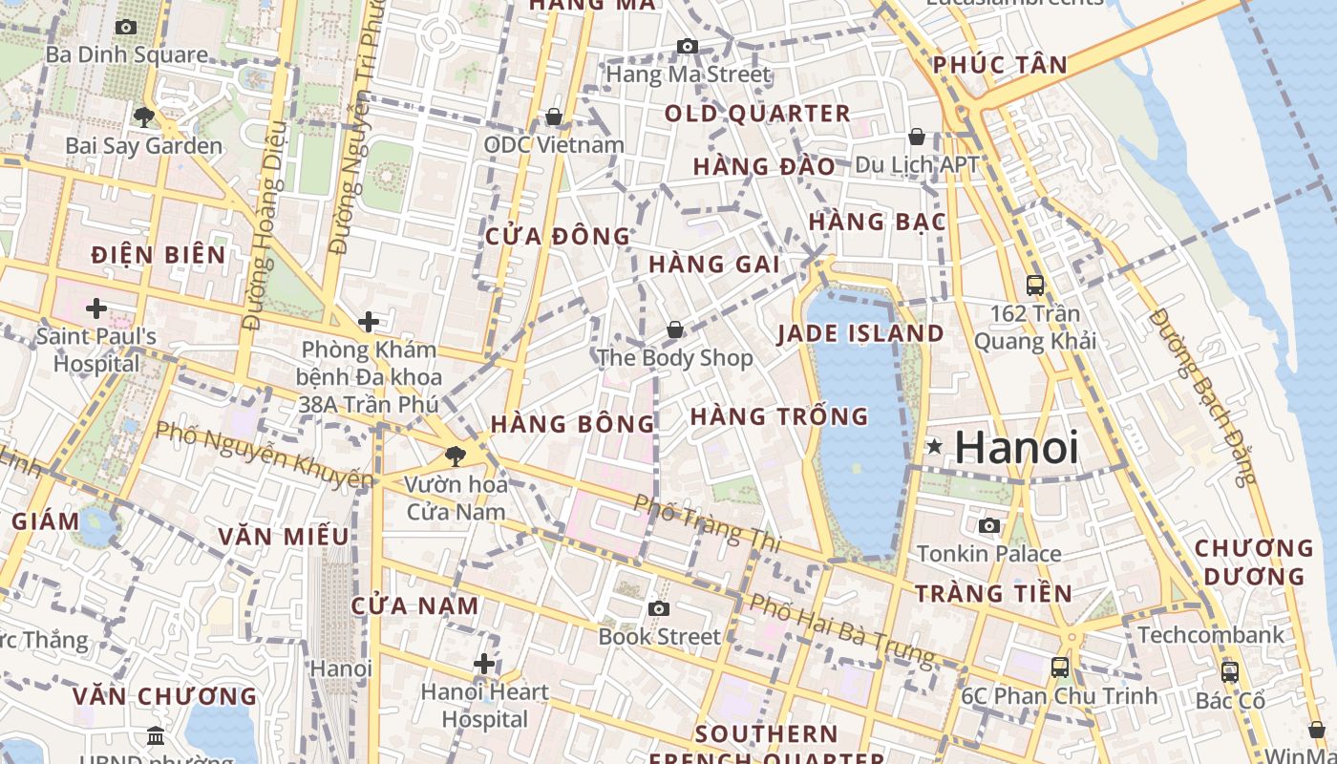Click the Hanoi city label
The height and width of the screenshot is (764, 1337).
[x=1017, y=447]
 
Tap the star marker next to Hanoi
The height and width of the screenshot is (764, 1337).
[x=934, y=446]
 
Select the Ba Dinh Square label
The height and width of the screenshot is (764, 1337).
[x=126, y=54]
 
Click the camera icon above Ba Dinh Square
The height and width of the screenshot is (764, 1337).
[x=125, y=27]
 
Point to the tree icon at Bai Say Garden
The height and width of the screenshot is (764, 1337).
[x=144, y=117]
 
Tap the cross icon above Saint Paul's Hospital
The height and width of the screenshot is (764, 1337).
[x=95, y=308]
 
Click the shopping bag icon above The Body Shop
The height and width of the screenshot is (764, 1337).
[x=675, y=329]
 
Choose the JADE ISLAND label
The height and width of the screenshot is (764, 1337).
[x=860, y=333]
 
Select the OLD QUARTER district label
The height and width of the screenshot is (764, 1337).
[x=757, y=114]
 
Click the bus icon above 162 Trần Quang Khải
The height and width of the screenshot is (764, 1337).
[x=1035, y=285]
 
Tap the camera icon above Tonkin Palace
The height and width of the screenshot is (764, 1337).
[x=989, y=525]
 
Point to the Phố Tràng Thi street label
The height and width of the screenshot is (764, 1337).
[x=708, y=523]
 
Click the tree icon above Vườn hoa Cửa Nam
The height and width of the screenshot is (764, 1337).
[x=456, y=456]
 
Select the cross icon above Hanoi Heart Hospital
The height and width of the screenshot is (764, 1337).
[x=484, y=663]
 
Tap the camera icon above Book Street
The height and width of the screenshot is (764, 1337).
[x=658, y=608]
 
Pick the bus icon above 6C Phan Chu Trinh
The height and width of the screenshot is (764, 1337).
[x=1060, y=668]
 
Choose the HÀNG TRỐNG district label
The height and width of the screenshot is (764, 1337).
[x=779, y=416]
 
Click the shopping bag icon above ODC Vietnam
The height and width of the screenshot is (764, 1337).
[x=553, y=117]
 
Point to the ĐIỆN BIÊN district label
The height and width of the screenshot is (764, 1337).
[x=159, y=255]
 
